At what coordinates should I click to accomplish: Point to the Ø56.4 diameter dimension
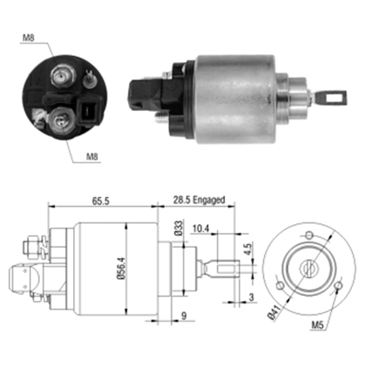[x=122, y=269]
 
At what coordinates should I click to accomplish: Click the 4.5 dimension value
[x=248, y=250]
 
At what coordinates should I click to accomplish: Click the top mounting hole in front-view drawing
[x=309, y=234]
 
